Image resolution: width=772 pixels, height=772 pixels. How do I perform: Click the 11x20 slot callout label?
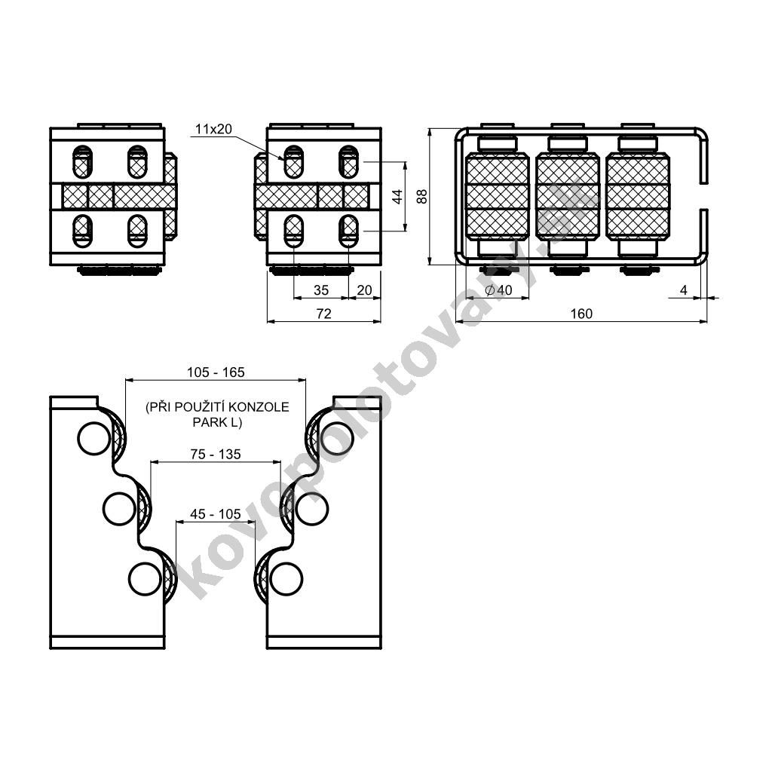[x=213, y=129]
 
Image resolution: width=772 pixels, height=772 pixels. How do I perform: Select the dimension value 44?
[x=398, y=196]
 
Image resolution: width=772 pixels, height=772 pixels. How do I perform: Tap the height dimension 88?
[x=422, y=197]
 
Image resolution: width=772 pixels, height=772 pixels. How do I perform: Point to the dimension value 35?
[x=321, y=290]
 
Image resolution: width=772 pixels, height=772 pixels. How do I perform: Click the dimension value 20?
[x=364, y=290]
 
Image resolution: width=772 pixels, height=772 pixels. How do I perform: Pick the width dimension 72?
[x=324, y=314]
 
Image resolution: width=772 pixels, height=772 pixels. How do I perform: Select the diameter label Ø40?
[x=498, y=290]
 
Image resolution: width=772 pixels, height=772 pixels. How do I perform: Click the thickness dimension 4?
[x=683, y=290]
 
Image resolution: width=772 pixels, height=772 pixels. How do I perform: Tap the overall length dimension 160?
[x=581, y=314]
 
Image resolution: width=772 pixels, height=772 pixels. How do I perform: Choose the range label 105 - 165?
[x=216, y=372]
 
